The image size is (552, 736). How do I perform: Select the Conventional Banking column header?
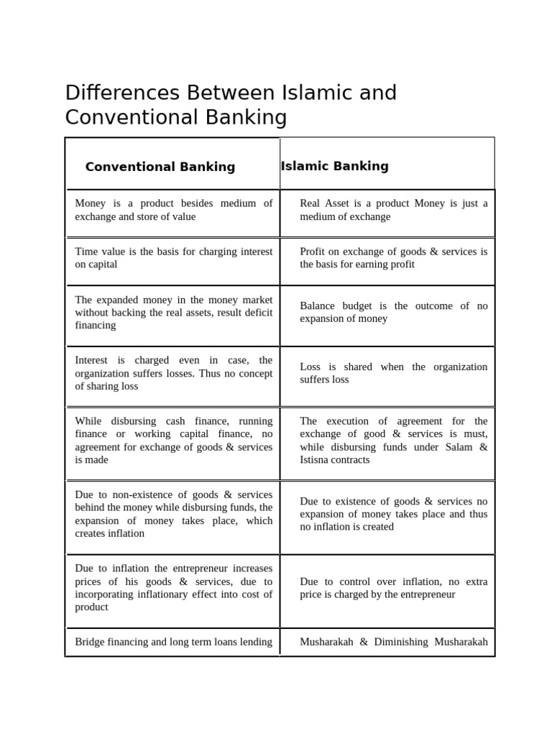(x=160, y=167)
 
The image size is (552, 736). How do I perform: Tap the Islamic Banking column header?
(x=335, y=166)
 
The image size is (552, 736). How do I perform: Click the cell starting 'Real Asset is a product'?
(x=393, y=210)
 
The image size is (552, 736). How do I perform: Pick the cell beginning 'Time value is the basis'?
(x=173, y=258)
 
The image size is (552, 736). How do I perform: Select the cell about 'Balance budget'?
(x=393, y=312)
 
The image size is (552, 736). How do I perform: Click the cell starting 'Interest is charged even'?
(x=173, y=373)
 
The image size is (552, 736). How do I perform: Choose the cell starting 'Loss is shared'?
(x=393, y=373)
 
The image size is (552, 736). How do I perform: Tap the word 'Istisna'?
(x=317, y=460)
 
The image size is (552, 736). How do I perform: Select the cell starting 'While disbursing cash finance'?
(x=173, y=440)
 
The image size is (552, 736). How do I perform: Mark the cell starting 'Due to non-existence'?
(x=173, y=514)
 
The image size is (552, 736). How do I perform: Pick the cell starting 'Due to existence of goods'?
(x=393, y=514)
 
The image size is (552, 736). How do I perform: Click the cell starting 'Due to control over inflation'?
(x=393, y=588)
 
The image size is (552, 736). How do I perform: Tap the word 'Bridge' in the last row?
(x=91, y=642)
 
